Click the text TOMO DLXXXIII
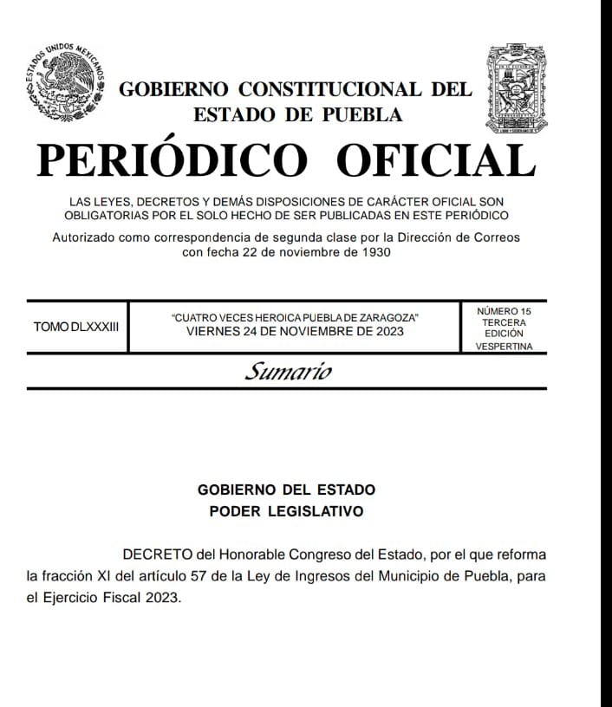tap(75, 328)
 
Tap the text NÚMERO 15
tap(504, 310)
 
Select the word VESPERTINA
tap(504, 347)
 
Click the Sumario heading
tap(288, 373)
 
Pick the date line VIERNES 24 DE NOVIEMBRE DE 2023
tap(295, 332)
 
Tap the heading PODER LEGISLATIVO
tap(286, 511)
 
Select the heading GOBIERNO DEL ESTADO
tap(286, 490)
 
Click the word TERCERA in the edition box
tap(504, 322)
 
